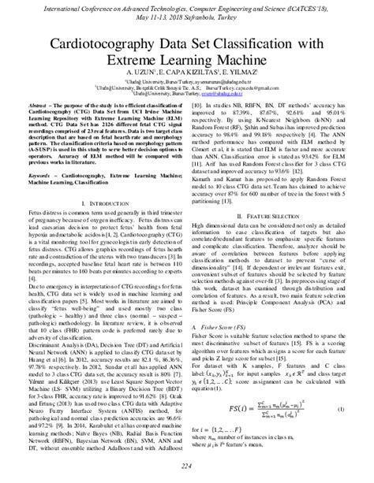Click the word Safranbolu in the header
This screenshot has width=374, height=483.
[211, 14]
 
